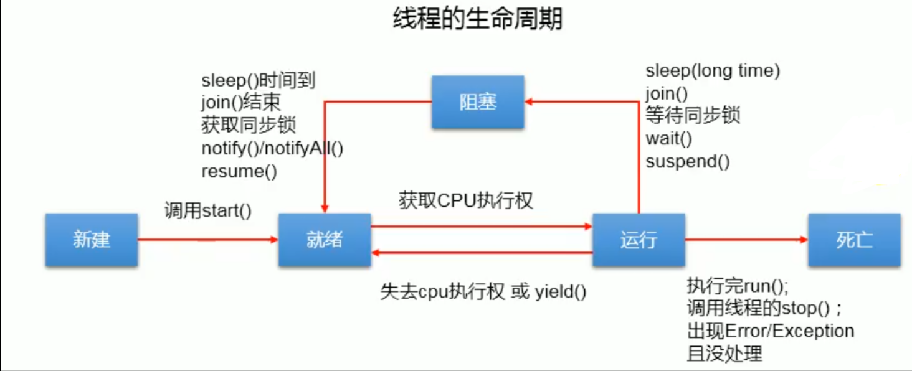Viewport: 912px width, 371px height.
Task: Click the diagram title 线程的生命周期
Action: pyautogui.click(x=477, y=19)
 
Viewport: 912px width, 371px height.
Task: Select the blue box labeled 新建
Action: pyautogui.click(x=92, y=240)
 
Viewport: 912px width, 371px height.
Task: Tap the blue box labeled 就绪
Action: pyautogui.click(x=325, y=240)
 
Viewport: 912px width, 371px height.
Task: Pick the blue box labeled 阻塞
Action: pyautogui.click(x=478, y=102)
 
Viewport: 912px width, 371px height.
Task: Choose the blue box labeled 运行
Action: pyautogui.click(x=639, y=240)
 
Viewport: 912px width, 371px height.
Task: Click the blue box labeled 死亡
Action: pyautogui.click(x=854, y=240)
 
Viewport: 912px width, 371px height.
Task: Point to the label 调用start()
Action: pyautogui.click(x=208, y=210)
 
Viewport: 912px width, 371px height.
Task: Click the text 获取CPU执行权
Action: pyautogui.click(x=466, y=200)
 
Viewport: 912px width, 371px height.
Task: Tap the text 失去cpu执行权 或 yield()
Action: pyautogui.click(x=483, y=292)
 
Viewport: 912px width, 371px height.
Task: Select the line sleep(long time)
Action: pyautogui.click(x=713, y=71)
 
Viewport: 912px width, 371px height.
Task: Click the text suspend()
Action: pyautogui.click(x=688, y=162)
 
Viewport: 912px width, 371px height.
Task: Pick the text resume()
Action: pyautogui.click(x=239, y=171)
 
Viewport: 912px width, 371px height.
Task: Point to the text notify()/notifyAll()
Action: pyautogui.click(x=273, y=148)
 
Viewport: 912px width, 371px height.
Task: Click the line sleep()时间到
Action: pyautogui.click(x=259, y=80)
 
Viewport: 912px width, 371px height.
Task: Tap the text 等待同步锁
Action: pyautogui.click(x=693, y=116)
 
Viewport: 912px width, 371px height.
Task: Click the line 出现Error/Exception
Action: pyautogui.click(x=770, y=331)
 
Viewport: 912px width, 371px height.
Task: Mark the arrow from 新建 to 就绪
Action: pyautogui.click(x=208, y=239)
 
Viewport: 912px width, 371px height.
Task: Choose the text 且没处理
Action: pyautogui.click(x=724, y=354)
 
